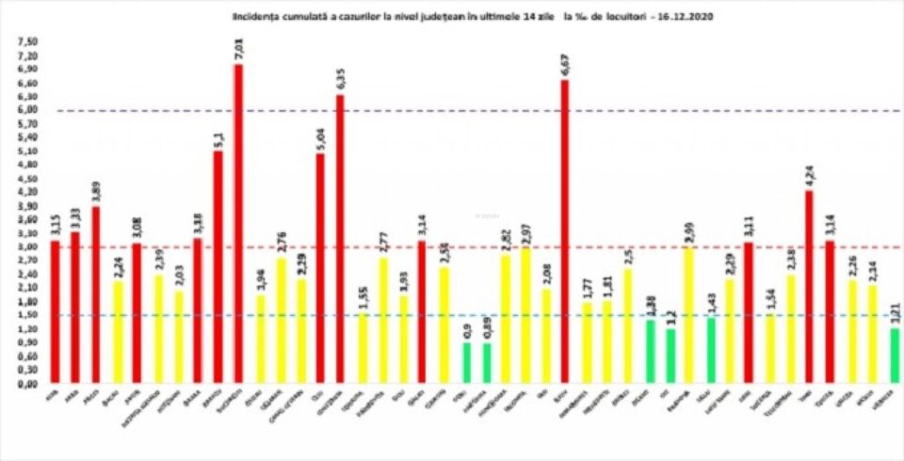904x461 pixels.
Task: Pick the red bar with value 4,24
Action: tap(809, 287)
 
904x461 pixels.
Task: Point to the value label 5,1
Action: tap(218, 137)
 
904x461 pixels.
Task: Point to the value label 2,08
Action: tap(544, 274)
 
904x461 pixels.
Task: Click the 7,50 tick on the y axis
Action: tap(28, 42)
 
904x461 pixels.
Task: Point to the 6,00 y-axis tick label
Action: tap(28, 111)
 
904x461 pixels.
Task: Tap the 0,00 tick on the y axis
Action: tap(28, 384)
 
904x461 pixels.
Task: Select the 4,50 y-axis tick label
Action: tap(28, 179)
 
